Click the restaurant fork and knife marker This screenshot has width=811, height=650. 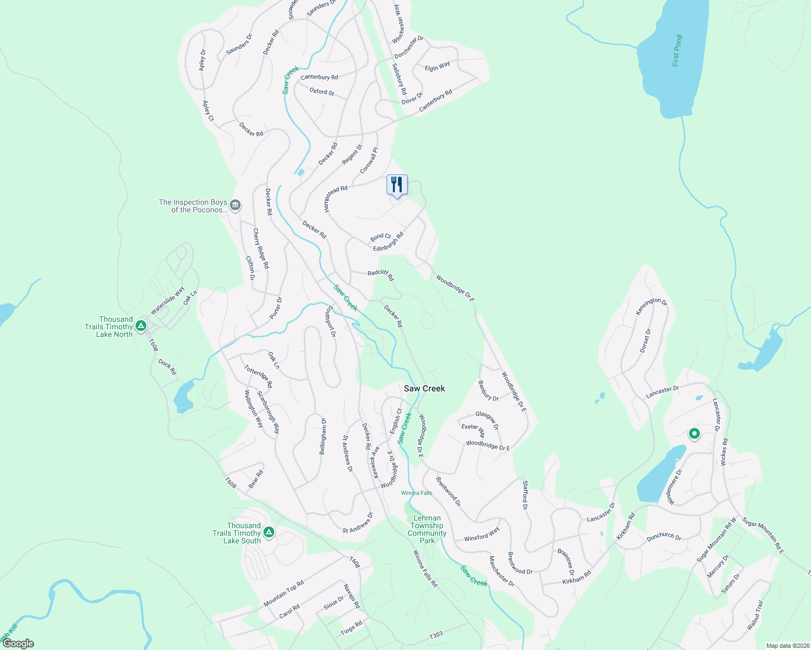[397, 185]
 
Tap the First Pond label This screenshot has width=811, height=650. [677, 51]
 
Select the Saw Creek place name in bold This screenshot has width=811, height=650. [424, 388]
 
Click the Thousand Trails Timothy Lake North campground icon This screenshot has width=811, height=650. [141, 326]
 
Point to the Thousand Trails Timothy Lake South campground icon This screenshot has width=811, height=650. [268, 532]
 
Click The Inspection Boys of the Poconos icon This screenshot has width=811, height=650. [235, 205]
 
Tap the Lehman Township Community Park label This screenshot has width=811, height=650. [427, 529]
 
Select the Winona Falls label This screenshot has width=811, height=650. [416, 493]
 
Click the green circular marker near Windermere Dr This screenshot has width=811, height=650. [694, 434]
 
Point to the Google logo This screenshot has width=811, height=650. [18, 643]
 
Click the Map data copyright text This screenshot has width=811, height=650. [787, 646]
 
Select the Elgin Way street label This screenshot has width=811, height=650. [437, 67]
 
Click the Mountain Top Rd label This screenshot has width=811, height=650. [284, 594]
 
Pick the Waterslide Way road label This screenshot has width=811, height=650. [168, 301]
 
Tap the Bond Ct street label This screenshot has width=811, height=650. [381, 237]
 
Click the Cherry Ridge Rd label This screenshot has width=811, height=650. [261, 249]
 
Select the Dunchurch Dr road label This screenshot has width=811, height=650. [664, 537]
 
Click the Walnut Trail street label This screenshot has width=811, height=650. [755, 615]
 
